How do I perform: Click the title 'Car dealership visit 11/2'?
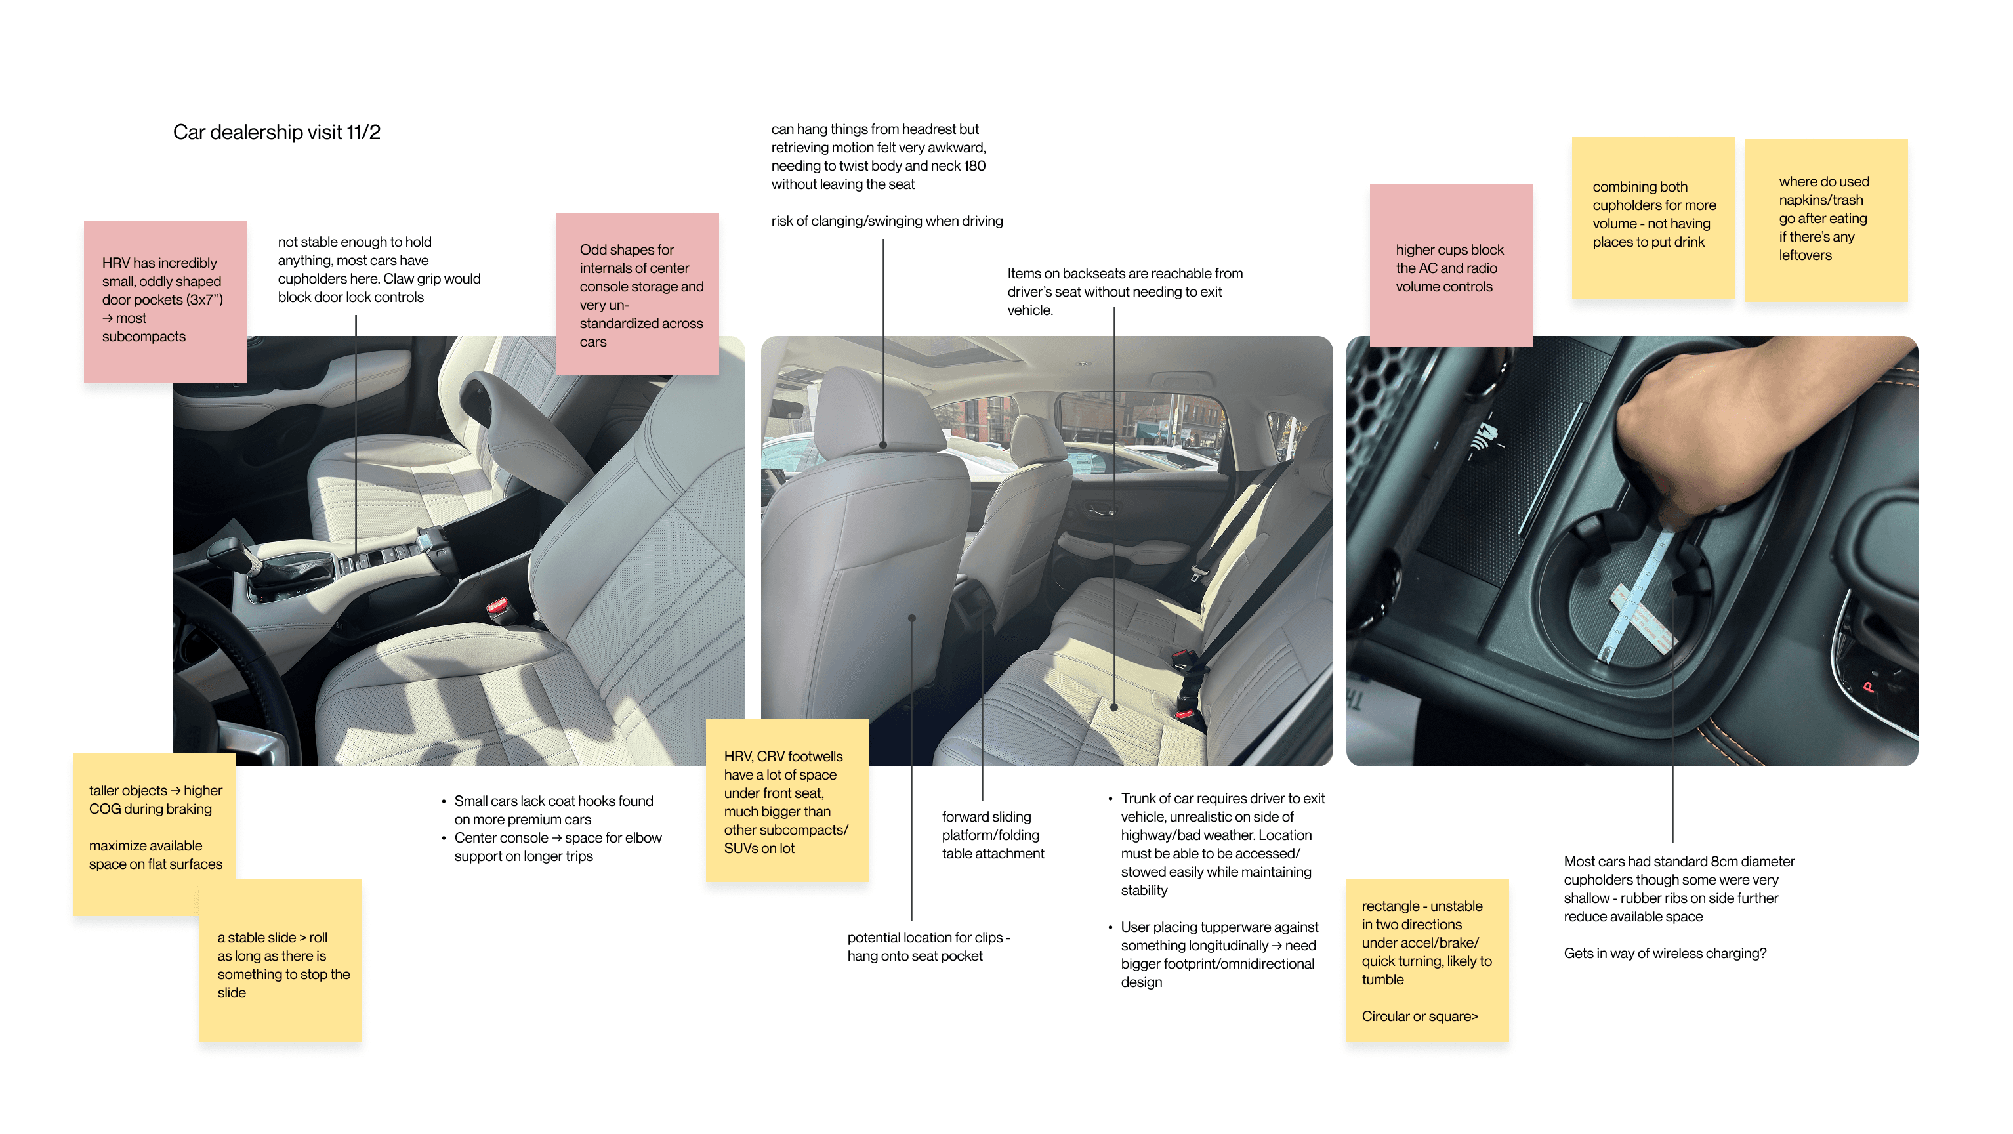277,132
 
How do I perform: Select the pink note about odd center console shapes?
637,294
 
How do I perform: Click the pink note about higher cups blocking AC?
1449,266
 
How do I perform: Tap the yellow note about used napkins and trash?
1825,220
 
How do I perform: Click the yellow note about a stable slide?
281,961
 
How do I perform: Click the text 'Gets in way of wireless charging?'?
1665,954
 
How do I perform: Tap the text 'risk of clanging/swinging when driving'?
886,221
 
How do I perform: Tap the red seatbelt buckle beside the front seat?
498,607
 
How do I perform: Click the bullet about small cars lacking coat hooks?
553,810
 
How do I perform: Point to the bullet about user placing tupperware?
1218,954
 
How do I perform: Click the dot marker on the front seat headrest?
883,445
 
